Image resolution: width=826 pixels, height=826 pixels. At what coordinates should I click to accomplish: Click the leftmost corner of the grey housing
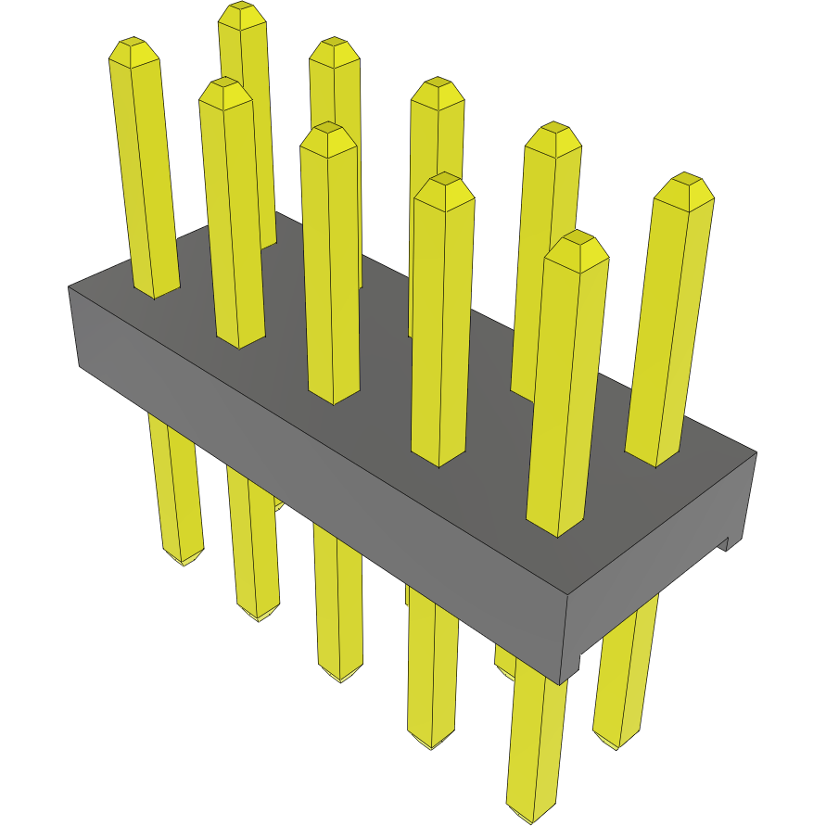pos(70,287)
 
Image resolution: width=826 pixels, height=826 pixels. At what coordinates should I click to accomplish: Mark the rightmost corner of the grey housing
pos(756,453)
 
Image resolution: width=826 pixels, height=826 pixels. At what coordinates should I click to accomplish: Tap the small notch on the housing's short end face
pos(727,543)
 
